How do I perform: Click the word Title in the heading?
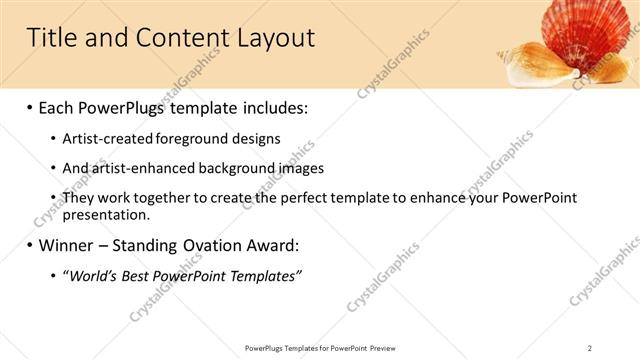[52, 39]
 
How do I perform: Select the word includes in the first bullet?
[275, 106]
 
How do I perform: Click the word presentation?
[106, 214]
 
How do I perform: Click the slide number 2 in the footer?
[590, 347]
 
